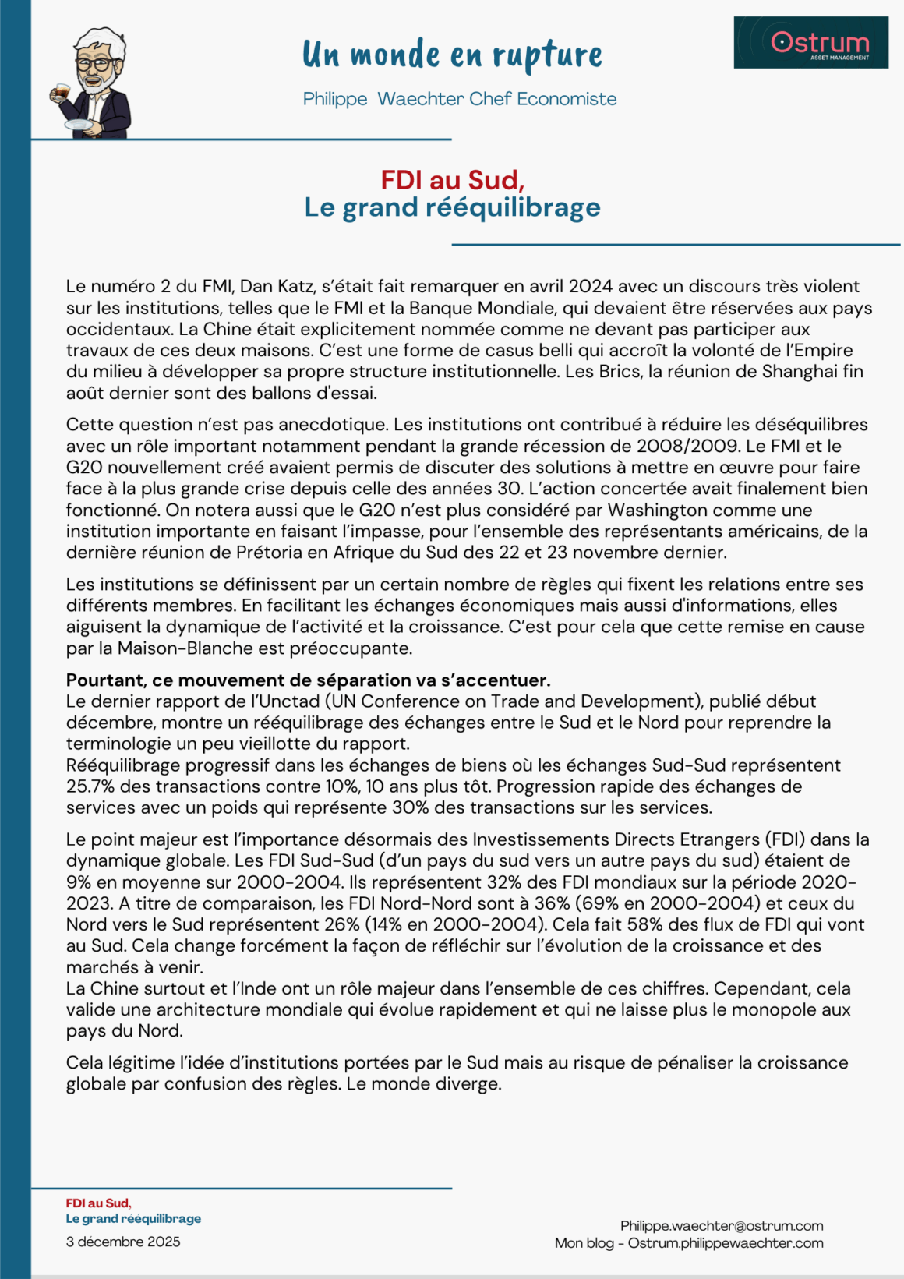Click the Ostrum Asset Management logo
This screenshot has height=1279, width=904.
(810, 42)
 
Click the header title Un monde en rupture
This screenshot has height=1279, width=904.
(452, 54)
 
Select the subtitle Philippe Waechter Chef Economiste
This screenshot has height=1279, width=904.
(460, 99)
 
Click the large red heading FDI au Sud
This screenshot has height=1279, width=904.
(452, 180)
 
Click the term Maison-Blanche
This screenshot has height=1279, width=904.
(185, 648)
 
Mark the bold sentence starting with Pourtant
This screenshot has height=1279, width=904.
(308, 680)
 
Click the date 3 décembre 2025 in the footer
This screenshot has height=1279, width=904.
(123, 1242)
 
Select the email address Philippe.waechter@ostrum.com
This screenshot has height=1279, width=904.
(722, 1226)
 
